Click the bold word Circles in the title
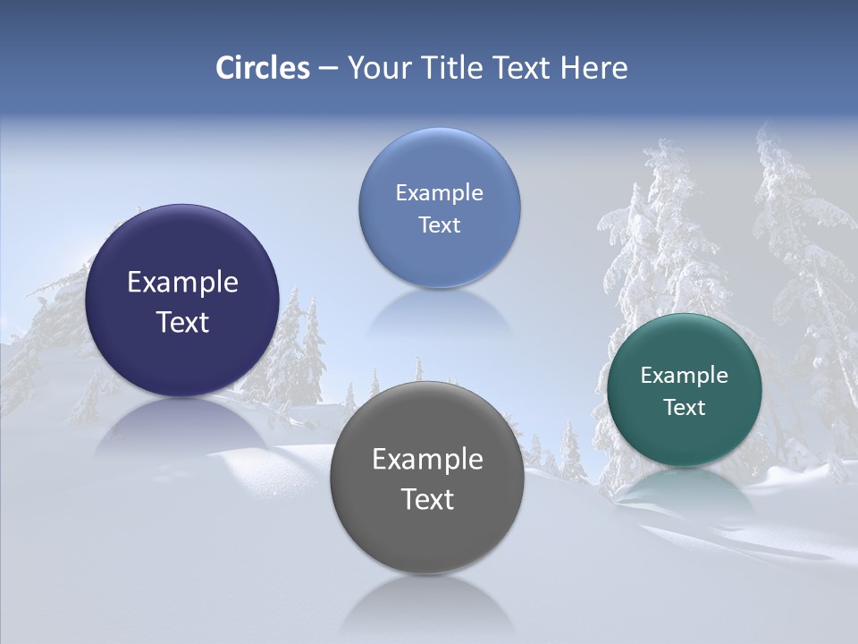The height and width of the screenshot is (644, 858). pos(263,68)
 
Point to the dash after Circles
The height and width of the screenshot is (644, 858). pos(328,69)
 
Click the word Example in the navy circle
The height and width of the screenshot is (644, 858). pos(182,283)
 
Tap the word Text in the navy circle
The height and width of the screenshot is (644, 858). pos(182,322)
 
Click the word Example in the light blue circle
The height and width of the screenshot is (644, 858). pos(439,193)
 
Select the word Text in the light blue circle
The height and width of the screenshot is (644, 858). pos(439,225)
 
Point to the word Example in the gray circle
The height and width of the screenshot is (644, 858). pos(427,460)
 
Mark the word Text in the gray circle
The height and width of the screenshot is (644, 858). pos(427,499)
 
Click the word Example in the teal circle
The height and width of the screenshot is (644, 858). pos(685,376)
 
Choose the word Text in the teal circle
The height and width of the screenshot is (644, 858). pos(685,407)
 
